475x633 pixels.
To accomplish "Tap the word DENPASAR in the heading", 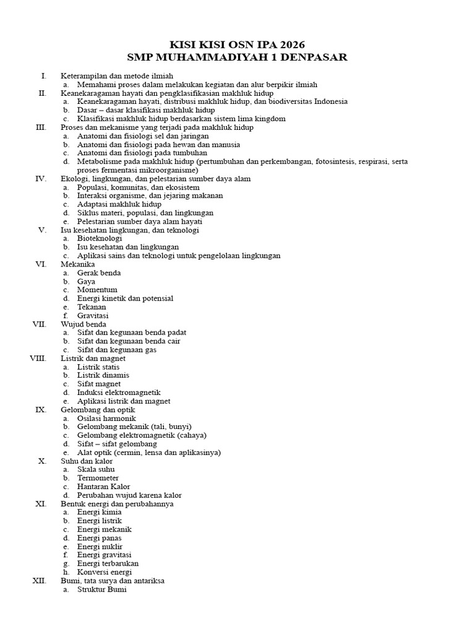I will point(314,57).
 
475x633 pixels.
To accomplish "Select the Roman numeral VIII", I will point(38,358).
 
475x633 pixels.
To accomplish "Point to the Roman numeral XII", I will point(39,581).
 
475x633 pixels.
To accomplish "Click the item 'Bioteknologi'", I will point(100,238).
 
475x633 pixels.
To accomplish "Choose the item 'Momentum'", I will point(97,289).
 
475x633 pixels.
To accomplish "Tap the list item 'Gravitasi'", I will point(93,315).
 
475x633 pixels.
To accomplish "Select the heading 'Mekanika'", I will point(78,264).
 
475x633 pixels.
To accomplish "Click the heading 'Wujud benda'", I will point(83,324).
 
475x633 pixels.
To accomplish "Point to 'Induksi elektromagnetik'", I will point(119,392).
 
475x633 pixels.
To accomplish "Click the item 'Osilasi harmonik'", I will point(106,418).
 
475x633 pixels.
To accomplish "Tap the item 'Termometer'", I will point(98,478).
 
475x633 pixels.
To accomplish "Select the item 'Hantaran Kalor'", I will point(104,486).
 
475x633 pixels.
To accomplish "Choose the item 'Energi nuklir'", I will point(100,546).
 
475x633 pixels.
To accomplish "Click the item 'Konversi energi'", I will point(105,572).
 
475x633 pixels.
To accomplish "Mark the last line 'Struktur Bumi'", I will point(102,590).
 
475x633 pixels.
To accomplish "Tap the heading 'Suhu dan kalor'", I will point(87,461).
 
